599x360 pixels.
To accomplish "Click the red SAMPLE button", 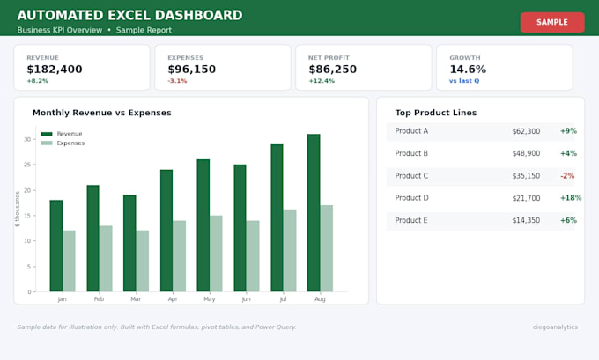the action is point(552,22).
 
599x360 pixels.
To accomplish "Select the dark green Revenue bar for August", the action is point(314,213).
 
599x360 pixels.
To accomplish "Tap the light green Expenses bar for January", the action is point(69,261).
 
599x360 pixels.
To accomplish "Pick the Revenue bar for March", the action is point(129,243).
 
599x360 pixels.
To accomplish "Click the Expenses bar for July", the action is point(290,251).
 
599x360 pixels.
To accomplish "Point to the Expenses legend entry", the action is point(63,143).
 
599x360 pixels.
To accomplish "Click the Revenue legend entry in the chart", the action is point(62,134).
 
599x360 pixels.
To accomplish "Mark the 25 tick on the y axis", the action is point(27,165).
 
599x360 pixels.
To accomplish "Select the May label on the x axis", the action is point(210,299).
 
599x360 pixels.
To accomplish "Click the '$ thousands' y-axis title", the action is point(18,209).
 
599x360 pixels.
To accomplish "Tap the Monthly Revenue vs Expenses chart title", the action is point(102,113).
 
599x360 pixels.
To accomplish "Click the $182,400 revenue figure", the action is point(55,70).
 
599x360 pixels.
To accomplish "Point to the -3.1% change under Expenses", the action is point(177,81).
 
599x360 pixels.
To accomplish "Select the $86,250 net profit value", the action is point(333,70).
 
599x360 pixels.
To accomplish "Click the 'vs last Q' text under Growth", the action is point(464,81).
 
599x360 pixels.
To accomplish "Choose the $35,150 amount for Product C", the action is point(526,176).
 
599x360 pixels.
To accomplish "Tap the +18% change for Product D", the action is point(571,198).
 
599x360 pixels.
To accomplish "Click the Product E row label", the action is point(411,220).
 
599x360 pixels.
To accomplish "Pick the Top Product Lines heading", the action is point(436,113).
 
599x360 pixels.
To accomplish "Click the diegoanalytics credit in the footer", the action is point(555,327).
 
